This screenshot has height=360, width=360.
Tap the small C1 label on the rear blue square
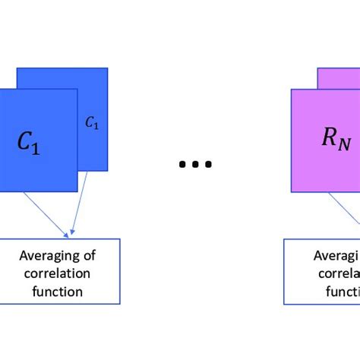[x=92, y=122]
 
